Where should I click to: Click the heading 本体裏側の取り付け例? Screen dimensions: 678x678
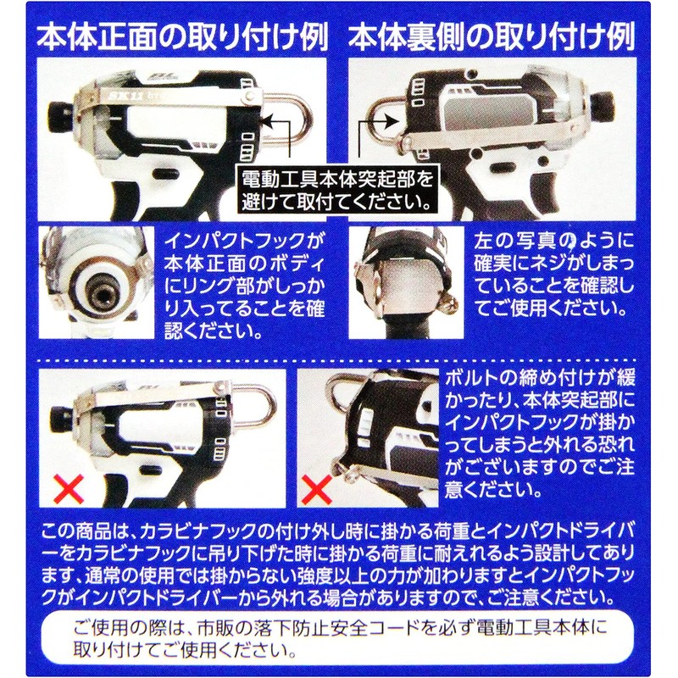coord(492,38)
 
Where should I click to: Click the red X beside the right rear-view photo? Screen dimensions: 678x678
coord(316,489)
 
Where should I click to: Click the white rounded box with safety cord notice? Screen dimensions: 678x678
coord(338,642)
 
